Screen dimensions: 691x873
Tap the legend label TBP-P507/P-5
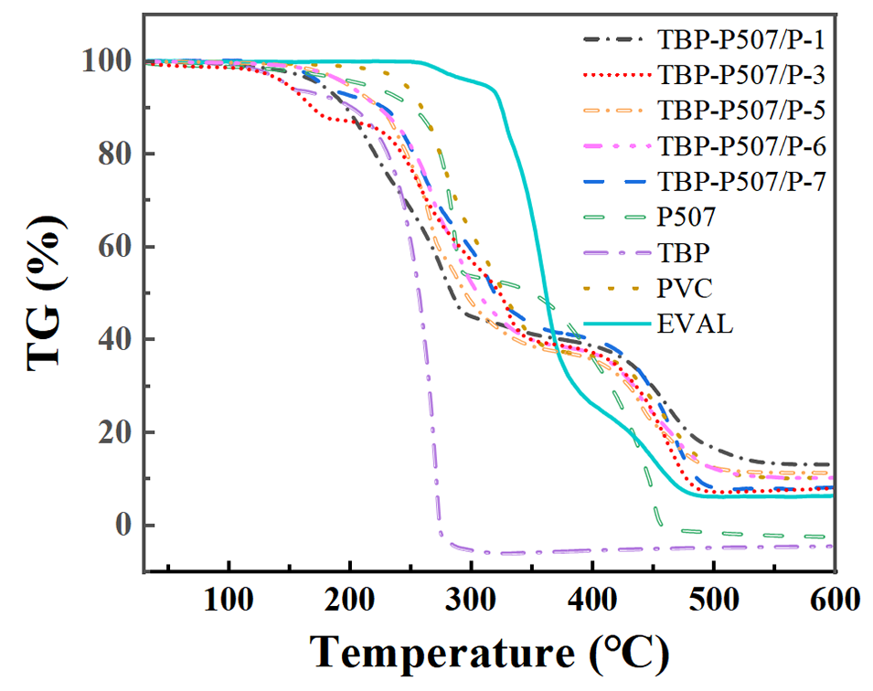click(740, 111)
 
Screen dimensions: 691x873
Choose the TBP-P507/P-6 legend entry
click(740, 146)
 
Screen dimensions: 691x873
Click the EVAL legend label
click(695, 324)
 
